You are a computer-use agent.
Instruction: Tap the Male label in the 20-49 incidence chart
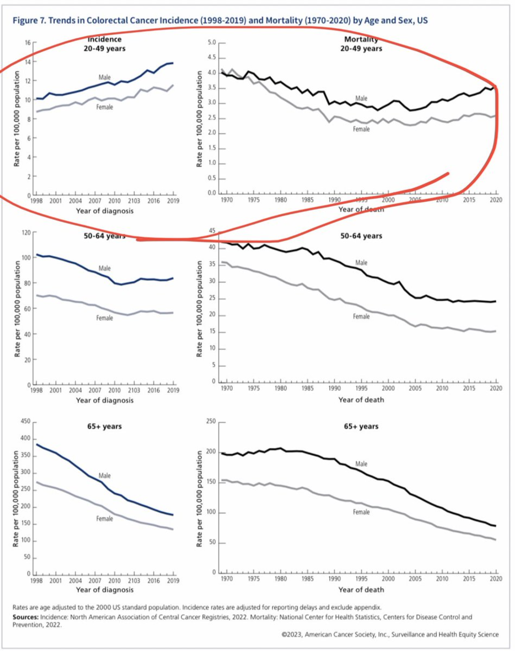[105, 77]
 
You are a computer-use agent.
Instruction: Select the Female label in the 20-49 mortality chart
[361, 129]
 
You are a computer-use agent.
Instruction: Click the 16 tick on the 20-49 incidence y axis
[28, 43]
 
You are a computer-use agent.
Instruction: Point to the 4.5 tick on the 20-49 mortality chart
[212, 58]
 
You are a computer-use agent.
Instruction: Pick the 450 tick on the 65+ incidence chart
[26, 421]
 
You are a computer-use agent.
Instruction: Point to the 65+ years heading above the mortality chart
[361, 426]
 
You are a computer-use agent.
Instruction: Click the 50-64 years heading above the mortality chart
[361, 236]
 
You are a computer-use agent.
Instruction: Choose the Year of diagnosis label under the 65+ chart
[105, 590]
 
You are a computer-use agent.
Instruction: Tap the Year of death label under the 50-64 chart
[361, 400]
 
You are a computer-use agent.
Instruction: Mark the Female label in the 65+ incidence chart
[105, 518]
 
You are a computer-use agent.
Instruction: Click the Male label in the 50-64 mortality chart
[361, 263]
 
